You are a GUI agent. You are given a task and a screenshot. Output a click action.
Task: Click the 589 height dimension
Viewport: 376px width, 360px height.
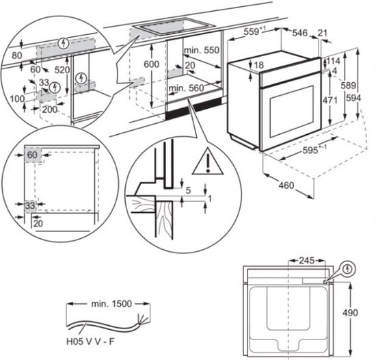(348, 85)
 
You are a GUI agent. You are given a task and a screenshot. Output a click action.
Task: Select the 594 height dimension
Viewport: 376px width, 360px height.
(353, 98)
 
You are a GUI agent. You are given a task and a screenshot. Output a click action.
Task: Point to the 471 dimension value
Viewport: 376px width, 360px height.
(330, 101)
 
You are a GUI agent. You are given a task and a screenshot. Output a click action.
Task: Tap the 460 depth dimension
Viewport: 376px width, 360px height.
(286, 185)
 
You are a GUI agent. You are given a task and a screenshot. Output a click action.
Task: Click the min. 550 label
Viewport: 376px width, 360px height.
(202, 50)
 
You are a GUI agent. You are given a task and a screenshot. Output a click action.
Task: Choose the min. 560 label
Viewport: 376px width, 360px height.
(187, 88)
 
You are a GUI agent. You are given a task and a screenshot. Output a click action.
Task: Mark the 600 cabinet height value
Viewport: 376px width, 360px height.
(151, 64)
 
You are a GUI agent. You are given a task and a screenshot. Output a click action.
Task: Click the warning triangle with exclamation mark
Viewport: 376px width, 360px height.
(208, 162)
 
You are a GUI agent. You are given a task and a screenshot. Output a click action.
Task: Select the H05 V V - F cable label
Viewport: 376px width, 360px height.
(90, 342)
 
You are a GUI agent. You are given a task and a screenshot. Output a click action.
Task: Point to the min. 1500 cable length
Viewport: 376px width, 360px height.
(111, 304)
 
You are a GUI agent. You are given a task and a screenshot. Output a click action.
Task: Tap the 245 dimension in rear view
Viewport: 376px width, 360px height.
(306, 260)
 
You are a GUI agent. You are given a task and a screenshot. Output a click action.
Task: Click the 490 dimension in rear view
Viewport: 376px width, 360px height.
(350, 313)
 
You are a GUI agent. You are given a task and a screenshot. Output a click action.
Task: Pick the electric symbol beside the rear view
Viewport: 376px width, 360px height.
(348, 270)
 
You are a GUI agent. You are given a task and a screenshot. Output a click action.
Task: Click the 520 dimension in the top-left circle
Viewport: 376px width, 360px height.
(62, 70)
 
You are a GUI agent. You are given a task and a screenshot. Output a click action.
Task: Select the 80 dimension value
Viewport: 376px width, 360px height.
(17, 55)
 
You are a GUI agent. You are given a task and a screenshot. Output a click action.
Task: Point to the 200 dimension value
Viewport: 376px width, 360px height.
(50, 110)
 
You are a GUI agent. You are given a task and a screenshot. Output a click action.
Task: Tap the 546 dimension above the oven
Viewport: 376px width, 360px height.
(299, 33)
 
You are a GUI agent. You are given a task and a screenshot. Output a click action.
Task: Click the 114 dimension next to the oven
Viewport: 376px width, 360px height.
(334, 61)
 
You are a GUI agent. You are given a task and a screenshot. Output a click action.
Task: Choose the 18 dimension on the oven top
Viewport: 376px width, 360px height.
(258, 65)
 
